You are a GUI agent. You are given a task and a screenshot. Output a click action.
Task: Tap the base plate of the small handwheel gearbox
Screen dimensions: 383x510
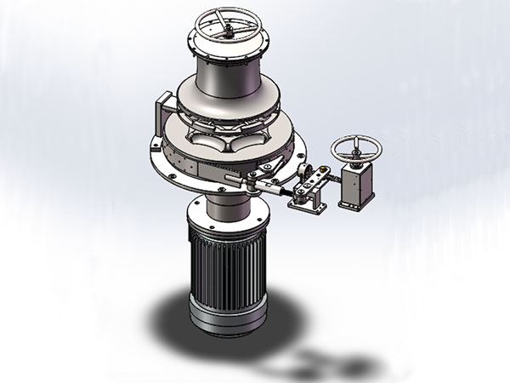click(355, 204)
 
